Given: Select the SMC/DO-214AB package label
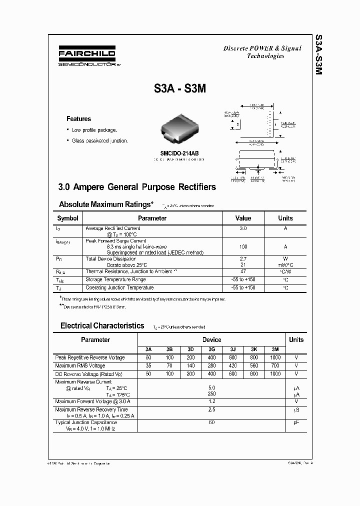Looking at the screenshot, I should coord(179,153).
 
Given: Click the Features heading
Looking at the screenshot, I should coord(79,119).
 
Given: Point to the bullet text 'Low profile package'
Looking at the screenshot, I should coord(94,130).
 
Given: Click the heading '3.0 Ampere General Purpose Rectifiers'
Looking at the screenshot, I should coord(137,187).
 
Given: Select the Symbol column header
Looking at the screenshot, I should coord(68,218).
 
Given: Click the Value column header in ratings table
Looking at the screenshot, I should coord(243,218).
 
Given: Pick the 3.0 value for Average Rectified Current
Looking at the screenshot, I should coord(243,228).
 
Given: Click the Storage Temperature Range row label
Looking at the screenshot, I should coord(115,279).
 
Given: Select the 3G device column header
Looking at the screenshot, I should coord(211,349).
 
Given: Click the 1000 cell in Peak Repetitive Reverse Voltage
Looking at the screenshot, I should coord(275,358).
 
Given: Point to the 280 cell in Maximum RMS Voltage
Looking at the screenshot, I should coord(211,366).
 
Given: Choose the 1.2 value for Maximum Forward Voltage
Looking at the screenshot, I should coord(211,401).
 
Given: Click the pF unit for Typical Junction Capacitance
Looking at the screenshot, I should coord(296,422).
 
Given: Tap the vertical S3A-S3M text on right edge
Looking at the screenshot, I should coord(318,55).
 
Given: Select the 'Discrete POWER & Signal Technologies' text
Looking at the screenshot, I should coord(262,52).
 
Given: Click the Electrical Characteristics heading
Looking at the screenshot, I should coord(102,325).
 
